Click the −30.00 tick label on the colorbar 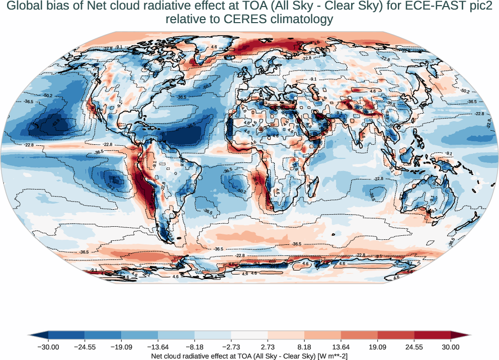(48, 347)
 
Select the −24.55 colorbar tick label (85, 347)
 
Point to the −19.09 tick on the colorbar (121, 347)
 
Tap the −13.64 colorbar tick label (158, 347)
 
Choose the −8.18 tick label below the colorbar (195, 347)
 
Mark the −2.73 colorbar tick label (231, 347)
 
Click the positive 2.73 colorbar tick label (268, 347)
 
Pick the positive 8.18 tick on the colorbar (304, 347)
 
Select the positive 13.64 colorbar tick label (341, 347)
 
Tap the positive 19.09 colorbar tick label (377, 347)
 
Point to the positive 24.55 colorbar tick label (414, 347)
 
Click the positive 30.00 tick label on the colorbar (451, 347)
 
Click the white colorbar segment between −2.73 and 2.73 (249, 335)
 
